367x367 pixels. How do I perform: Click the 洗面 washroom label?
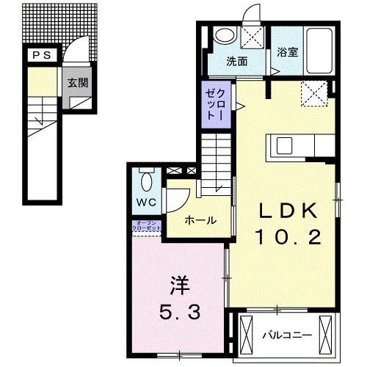[x=236, y=62]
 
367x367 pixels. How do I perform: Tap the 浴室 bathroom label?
[x=286, y=53]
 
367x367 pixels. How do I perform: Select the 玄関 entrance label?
[x=78, y=83]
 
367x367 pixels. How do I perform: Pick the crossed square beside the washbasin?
[x=254, y=37]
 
